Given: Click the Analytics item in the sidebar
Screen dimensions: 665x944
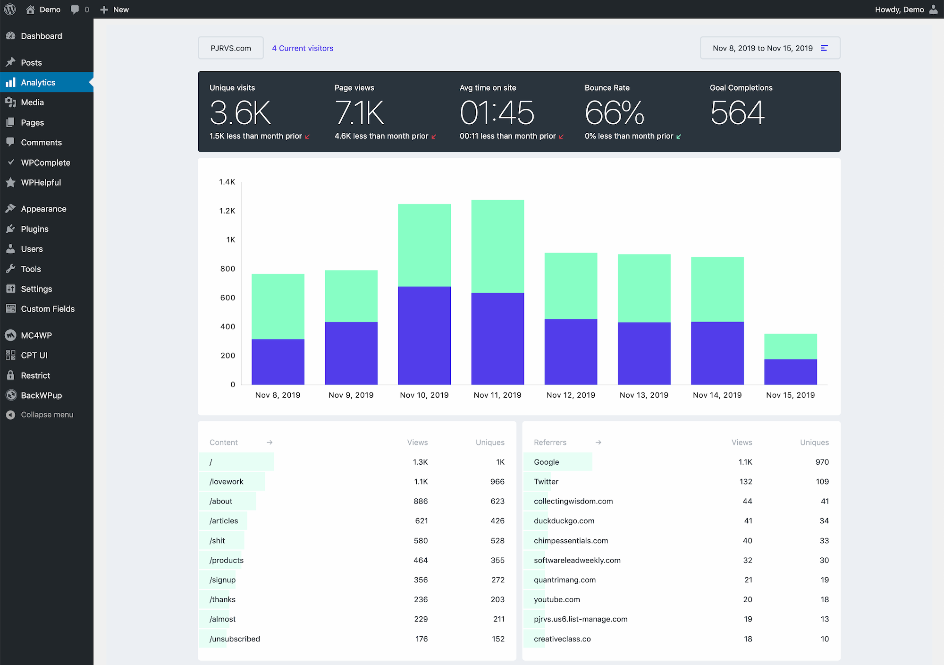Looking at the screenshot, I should [x=38, y=83].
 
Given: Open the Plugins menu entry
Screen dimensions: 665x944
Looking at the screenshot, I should [x=34, y=229].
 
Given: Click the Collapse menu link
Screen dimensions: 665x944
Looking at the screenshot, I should [x=46, y=415].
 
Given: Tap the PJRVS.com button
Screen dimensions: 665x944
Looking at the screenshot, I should [x=231, y=48].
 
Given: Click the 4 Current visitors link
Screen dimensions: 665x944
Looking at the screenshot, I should [x=303, y=48].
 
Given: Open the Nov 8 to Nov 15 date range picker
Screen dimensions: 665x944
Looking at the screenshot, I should [x=770, y=48].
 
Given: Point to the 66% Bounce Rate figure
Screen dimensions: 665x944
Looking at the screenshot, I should [x=614, y=113].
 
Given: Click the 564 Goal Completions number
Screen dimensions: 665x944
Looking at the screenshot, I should [x=737, y=113].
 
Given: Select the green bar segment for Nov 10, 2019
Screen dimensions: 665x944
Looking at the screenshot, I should [x=424, y=245].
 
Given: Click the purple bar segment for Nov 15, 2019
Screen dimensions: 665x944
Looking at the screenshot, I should [x=791, y=372].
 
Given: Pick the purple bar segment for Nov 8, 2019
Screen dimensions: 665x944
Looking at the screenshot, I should [x=278, y=362].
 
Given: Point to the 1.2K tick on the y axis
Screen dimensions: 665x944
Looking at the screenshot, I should [x=227, y=211].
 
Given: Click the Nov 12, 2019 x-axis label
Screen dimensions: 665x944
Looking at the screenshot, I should [x=571, y=395].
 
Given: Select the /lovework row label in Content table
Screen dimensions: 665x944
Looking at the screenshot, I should [x=227, y=482].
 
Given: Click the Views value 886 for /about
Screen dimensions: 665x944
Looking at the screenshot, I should [x=421, y=501].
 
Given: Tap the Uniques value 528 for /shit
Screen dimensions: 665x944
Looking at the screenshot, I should [x=497, y=541].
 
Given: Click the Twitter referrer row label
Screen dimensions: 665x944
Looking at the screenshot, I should [x=546, y=482].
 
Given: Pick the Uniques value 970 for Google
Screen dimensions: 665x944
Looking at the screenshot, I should [x=822, y=462].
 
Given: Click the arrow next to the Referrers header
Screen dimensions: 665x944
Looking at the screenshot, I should [x=598, y=443].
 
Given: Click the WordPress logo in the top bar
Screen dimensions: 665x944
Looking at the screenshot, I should [x=10, y=9].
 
